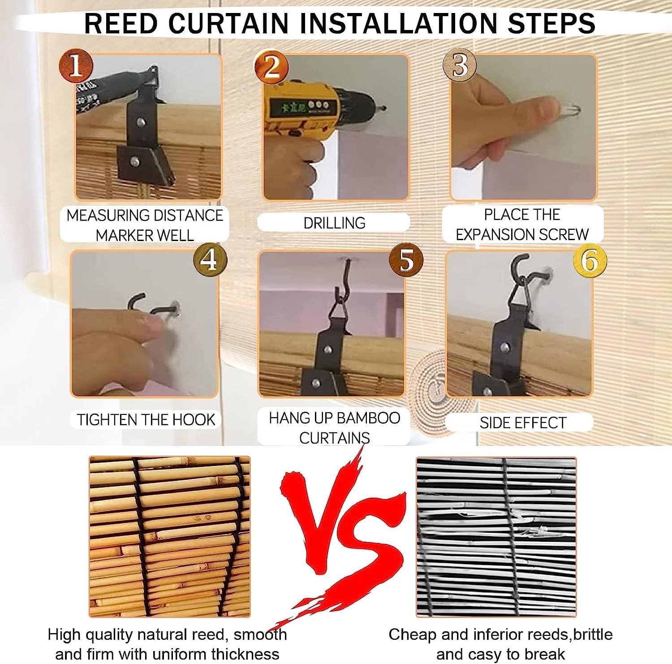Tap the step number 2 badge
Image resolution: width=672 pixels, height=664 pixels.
tap(271, 66)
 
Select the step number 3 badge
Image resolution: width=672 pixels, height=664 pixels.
tap(459, 65)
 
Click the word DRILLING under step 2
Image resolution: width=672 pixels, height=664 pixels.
tap(334, 223)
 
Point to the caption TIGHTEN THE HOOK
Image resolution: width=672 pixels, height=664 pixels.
tap(146, 419)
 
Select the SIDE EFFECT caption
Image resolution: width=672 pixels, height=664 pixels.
tap(523, 423)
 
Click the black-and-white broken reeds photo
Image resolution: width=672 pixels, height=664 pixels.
tap(496, 537)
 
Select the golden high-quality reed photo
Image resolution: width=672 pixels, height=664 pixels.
tap(170, 537)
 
